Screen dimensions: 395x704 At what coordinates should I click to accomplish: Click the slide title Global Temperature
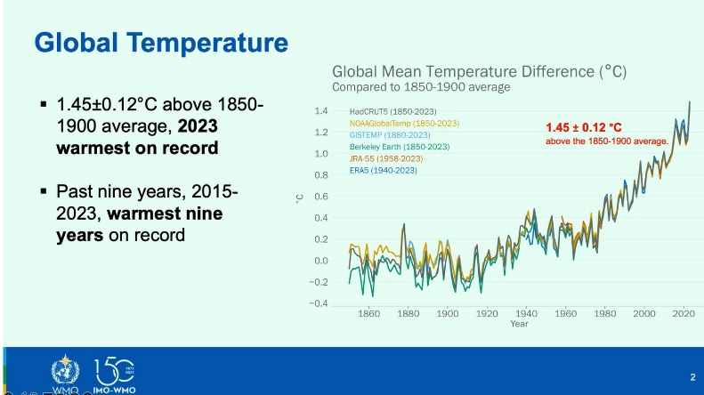[160, 42]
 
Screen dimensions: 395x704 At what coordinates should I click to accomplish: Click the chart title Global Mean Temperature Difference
[479, 72]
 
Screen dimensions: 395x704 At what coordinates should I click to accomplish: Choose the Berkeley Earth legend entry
[400, 146]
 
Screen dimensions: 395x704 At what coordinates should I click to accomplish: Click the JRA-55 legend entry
[386, 158]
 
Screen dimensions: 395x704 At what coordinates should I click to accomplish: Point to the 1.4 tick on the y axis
[321, 111]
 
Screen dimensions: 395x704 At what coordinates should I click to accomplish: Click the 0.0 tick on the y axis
[321, 261]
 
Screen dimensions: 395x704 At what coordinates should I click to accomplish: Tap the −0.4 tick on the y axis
[320, 303]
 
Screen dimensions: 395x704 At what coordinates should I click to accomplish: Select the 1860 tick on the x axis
[368, 314]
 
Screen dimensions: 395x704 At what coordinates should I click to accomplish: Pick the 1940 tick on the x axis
[527, 314]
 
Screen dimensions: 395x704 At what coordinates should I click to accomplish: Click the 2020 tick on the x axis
[684, 314]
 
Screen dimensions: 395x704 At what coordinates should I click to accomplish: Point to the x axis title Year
[520, 324]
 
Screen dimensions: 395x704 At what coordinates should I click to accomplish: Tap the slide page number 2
[692, 376]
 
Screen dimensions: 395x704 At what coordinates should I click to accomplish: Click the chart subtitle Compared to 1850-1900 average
[421, 87]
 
